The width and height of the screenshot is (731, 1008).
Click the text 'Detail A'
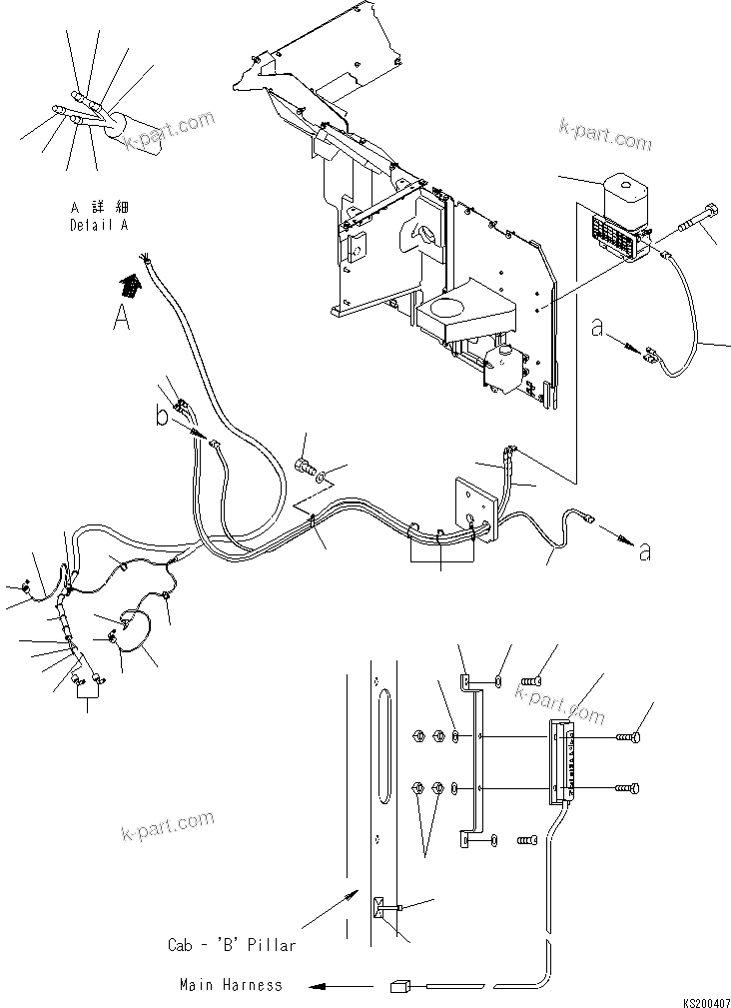point(98,225)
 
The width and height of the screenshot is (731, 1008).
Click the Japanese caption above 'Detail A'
point(98,207)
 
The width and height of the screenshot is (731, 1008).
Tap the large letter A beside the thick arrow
point(121,317)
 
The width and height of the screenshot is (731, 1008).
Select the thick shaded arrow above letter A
point(131,286)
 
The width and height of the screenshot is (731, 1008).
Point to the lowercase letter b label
point(163,416)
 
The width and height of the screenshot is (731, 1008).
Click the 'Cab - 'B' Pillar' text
point(232,943)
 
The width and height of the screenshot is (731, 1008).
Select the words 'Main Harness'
point(231,985)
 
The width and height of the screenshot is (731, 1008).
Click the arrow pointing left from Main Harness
point(335,986)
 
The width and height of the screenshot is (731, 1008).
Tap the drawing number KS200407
point(705,999)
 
